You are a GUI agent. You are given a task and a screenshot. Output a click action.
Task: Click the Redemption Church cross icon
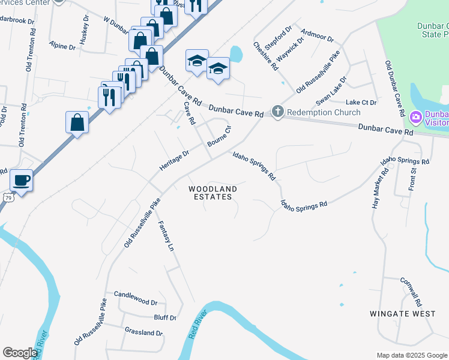coord(277,112)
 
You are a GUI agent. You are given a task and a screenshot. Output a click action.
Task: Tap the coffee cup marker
coord(21,180)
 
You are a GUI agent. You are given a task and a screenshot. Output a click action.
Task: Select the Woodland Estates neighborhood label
coord(213,193)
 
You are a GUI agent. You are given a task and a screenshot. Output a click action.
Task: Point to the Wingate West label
coord(402,314)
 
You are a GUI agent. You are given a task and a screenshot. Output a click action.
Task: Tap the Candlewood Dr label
coord(135,303)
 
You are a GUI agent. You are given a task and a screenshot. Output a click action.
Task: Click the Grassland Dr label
coord(143,332)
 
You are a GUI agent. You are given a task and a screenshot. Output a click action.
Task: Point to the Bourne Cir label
coord(219,137)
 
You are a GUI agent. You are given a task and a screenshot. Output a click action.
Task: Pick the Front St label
coord(413,178)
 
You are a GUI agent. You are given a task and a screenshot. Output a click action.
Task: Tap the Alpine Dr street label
coord(62,46)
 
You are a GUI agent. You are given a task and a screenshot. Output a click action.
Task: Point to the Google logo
coord(20,353)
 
